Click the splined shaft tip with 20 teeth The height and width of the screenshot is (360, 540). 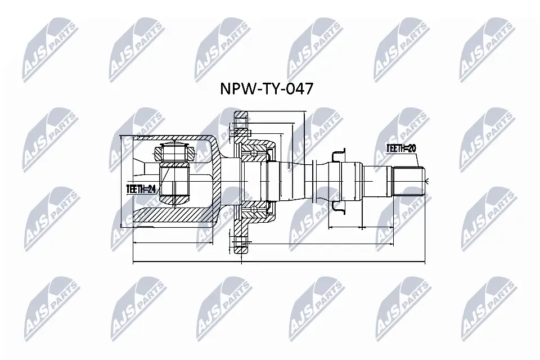[409, 180]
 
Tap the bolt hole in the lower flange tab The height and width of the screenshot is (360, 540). [241, 244]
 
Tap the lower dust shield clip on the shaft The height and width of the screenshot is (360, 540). [337, 208]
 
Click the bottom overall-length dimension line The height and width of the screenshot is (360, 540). [281, 263]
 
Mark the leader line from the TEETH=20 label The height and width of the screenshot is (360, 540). [416, 163]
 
